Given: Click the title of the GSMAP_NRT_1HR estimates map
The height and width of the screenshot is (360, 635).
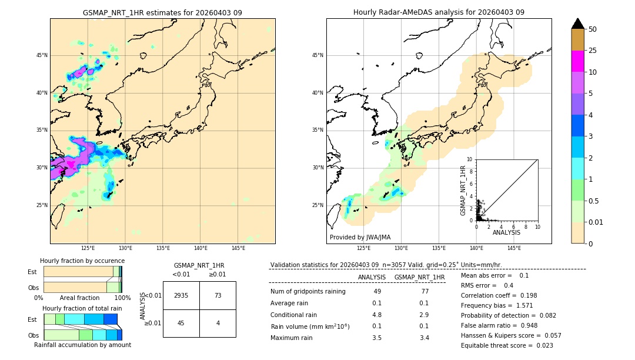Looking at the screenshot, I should click(x=162, y=12).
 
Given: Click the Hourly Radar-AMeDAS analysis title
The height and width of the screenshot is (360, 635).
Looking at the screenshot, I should click(x=439, y=12).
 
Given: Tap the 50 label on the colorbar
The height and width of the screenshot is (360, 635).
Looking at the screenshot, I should click(x=593, y=29).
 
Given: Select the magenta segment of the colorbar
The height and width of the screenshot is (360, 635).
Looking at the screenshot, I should click(x=577, y=61).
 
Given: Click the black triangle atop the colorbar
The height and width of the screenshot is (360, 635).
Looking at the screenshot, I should click(x=577, y=24).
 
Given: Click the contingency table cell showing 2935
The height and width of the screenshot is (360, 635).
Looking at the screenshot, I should click(x=181, y=295).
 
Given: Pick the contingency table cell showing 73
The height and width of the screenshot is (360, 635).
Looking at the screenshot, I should click(x=218, y=295).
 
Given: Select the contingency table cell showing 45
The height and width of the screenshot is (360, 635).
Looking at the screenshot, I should click(x=181, y=322).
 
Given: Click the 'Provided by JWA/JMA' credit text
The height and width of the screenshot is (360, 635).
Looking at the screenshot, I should click(x=360, y=238).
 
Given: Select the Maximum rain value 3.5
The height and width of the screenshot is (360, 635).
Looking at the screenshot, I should click(x=377, y=338).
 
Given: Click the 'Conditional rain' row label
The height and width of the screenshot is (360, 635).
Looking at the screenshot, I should click(x=295, y=315).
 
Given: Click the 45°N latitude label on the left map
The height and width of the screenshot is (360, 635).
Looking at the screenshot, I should click(x=42, y=55).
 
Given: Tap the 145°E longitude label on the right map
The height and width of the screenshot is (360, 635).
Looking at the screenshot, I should click(x=514, y=248).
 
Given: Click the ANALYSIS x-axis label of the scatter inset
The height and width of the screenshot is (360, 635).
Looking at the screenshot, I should click(x=506, y=232).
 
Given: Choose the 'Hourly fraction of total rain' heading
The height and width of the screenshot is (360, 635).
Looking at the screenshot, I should click(x=82, y=308).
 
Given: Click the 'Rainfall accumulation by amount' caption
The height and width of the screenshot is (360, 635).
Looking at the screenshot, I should click(x=82, y=345).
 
